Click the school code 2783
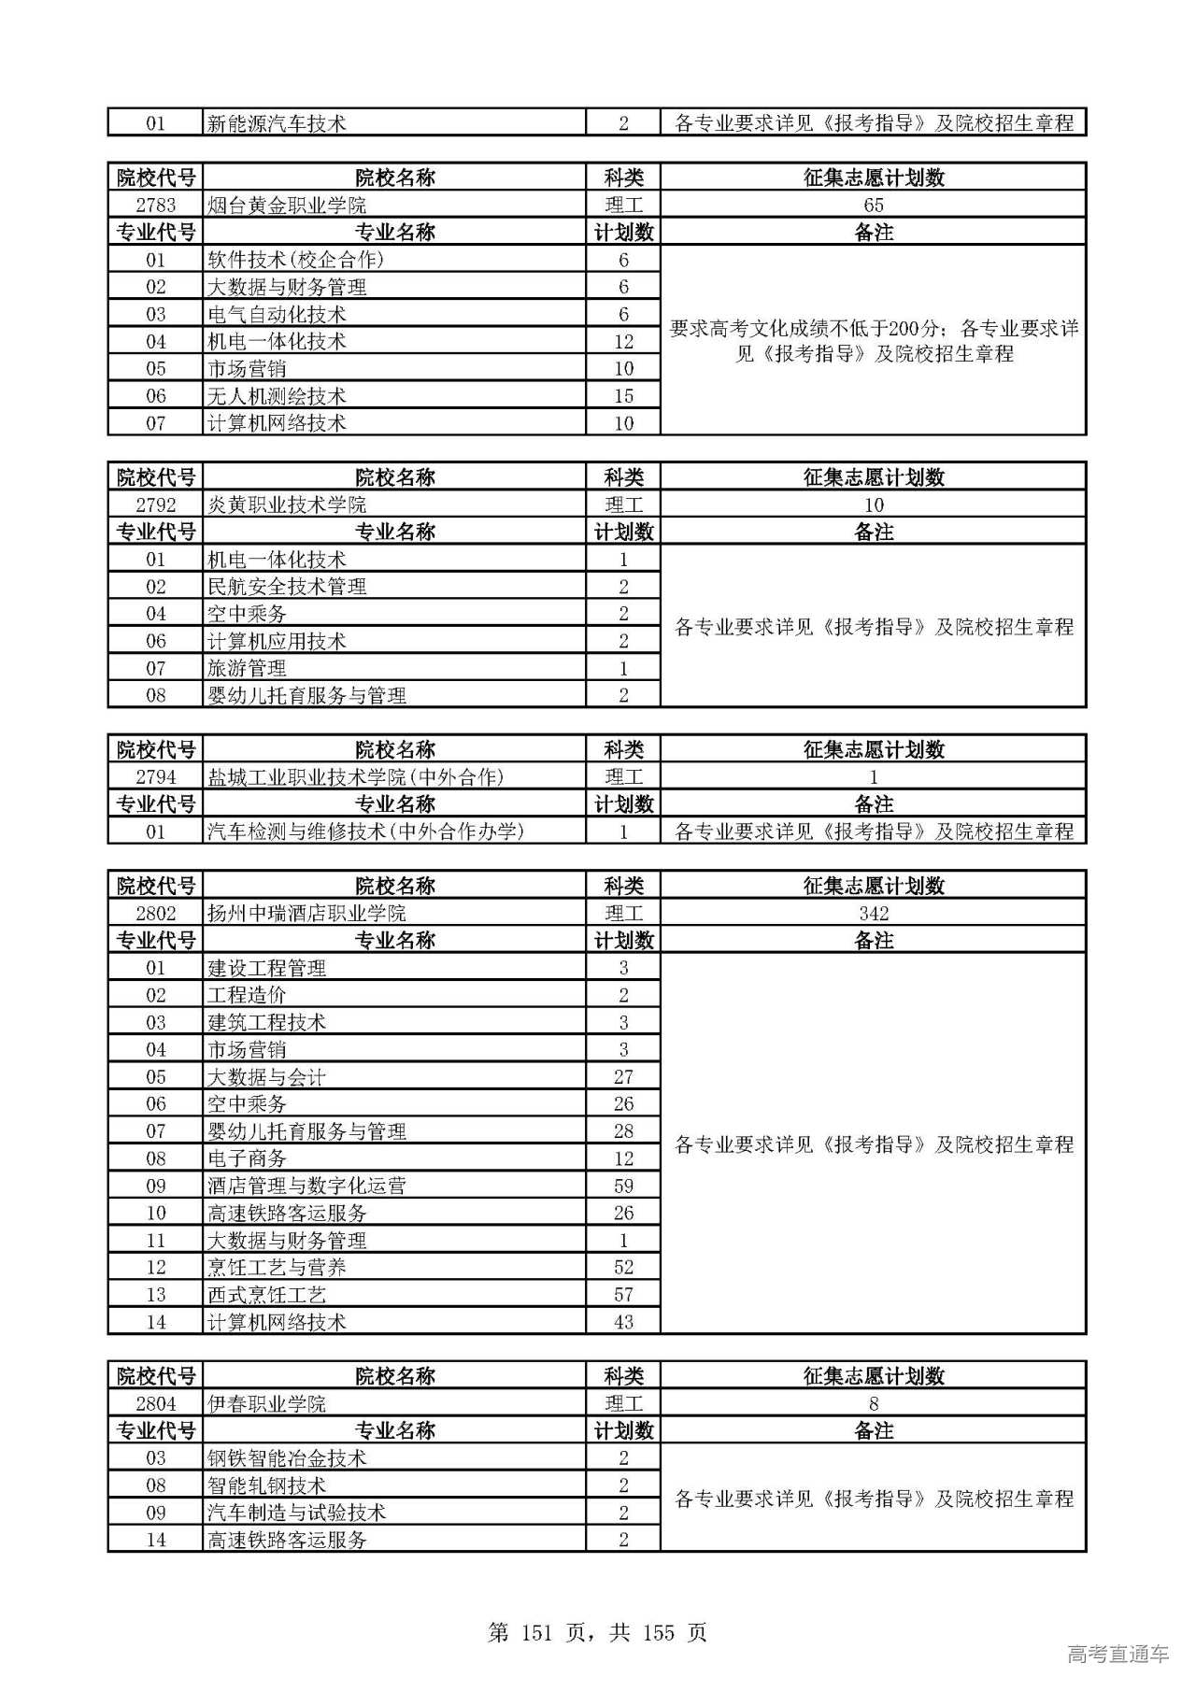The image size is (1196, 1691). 155,206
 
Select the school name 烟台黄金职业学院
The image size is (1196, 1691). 287,206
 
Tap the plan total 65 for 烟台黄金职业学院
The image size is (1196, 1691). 874,206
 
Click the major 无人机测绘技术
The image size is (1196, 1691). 277,396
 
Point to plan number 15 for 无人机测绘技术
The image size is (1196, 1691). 623,396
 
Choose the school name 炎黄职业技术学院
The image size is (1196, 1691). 287,505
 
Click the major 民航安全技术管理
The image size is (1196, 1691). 287,587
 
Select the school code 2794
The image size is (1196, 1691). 155,777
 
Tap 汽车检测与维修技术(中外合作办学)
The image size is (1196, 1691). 365,831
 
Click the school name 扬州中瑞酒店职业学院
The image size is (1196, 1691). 306,914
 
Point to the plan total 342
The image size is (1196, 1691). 874,914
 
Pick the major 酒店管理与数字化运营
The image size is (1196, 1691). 306,1187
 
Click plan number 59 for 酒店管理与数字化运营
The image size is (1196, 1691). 623,1187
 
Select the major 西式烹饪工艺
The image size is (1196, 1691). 267,1295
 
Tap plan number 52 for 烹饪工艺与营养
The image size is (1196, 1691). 623,1268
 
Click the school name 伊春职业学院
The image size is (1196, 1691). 267,1404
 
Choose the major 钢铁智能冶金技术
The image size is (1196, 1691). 287,1458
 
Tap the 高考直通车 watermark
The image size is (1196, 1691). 1118,1655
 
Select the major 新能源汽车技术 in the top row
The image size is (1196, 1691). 277,123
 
